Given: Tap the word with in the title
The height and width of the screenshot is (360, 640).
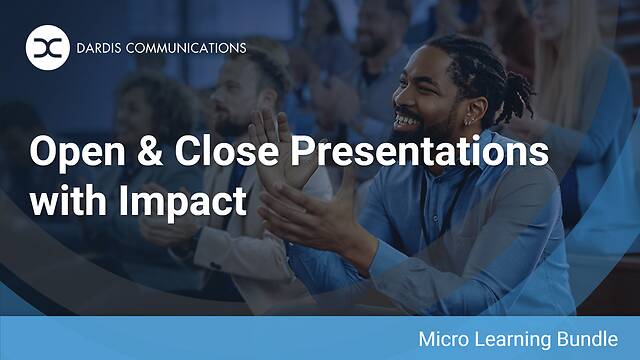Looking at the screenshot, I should (65, 199).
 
